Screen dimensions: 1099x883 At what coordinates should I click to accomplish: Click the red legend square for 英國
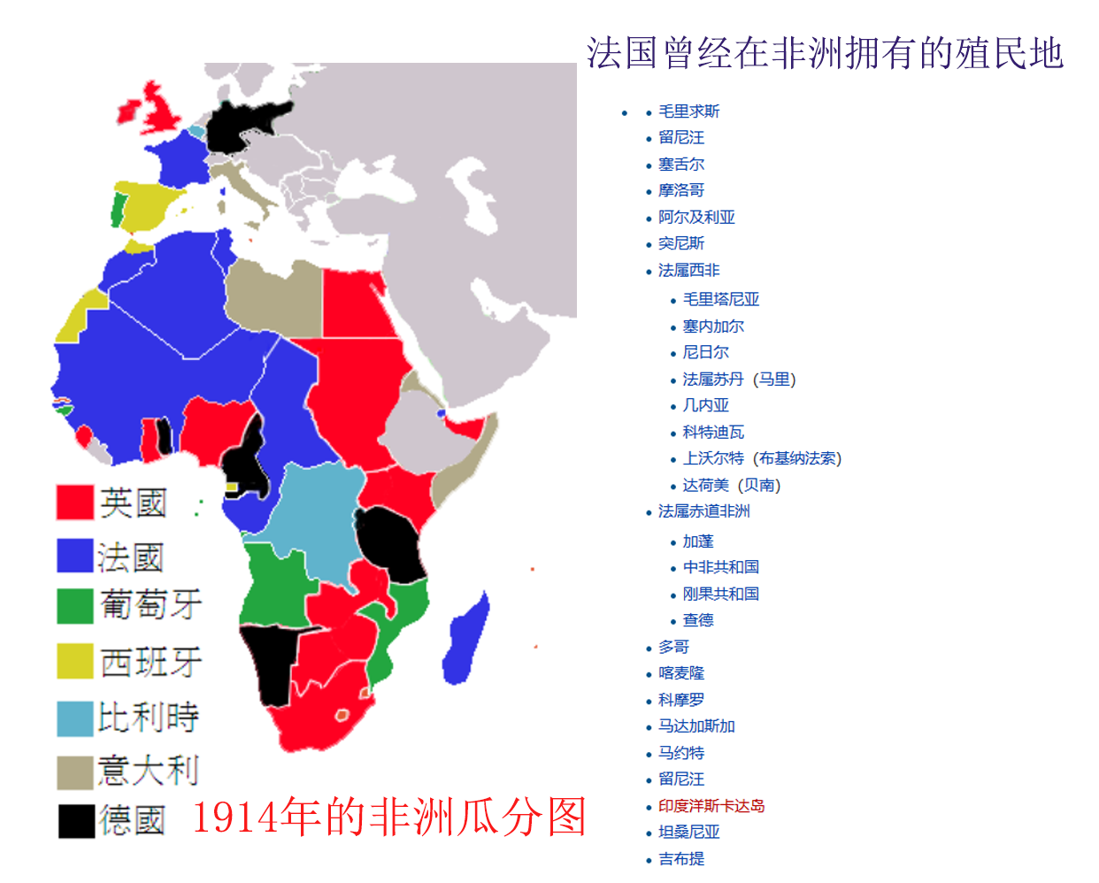[x=74, y=502]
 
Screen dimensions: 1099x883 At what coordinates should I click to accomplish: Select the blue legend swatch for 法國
[x=74, y=557]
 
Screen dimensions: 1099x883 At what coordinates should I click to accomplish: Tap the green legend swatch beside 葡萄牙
[x=74, y=606]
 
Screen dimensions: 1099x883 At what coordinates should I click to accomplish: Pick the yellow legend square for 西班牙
[x=74, y=661]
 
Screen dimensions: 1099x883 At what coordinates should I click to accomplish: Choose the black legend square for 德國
[x=76, y=820]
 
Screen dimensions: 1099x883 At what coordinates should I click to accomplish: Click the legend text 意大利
[x=148, y=771]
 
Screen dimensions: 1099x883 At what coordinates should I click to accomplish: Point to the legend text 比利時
[x=148, y=717]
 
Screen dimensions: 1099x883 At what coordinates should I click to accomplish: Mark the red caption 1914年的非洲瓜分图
[x=389, y=817]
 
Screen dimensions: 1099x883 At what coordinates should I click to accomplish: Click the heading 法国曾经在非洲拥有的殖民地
[x=824, y=54]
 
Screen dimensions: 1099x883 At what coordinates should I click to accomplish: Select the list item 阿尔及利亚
[x=696, y=218]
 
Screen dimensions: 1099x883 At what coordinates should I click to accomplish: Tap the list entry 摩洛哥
[x=681, y=191]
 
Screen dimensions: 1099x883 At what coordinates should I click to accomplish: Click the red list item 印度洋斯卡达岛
[x=711, y=806]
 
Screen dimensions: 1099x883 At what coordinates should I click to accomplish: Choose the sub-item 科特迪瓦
[x=713, y=433]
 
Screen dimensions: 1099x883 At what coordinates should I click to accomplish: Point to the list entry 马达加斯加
[x=696, y=726]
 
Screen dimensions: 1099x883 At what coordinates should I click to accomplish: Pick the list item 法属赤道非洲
[x=703, y=511]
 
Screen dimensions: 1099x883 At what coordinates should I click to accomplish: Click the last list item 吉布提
[x=681, y=858]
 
